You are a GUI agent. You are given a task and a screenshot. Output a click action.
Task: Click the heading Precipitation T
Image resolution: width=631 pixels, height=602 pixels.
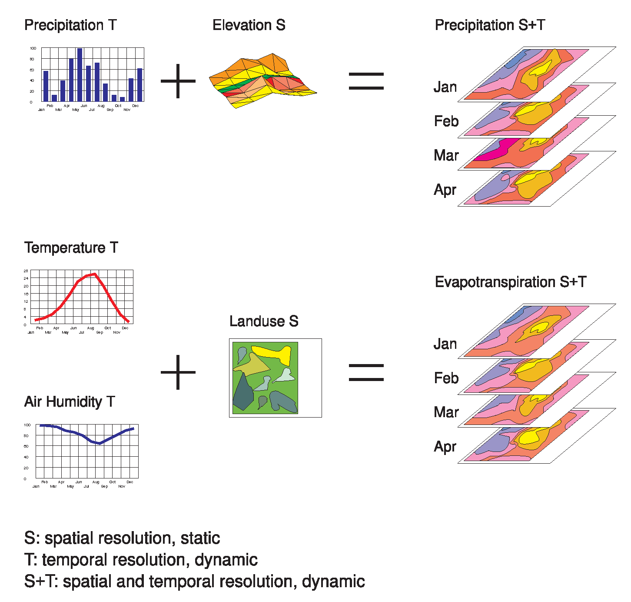pyautogui.click(x=70, y=25)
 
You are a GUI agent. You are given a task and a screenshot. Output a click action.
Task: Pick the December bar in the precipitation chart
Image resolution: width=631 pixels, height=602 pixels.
pyautogui.click(x=139, y=85)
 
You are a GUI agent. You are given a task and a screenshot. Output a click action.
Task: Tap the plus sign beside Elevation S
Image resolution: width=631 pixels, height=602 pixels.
pyautogui.click(x=178, y=81)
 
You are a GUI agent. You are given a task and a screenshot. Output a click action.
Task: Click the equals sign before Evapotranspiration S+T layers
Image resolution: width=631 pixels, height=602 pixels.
pyautogui.click(x=366, y=373)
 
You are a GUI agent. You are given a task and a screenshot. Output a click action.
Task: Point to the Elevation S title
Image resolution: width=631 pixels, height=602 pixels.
pyautogui.click(x=249, y=25)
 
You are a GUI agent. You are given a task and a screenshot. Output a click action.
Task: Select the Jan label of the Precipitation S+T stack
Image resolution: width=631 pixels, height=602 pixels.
pyautogui.click(x=445, y=87)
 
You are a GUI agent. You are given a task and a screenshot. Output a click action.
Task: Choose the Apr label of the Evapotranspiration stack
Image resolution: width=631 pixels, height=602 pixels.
pyautogui.click(x=445, y=447)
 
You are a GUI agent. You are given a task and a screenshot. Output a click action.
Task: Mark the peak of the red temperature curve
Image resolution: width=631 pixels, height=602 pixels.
pyautogui.click(x=94, y=274)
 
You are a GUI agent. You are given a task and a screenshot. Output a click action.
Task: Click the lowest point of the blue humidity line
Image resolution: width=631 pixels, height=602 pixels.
pyautogui.click(x=100, y=443)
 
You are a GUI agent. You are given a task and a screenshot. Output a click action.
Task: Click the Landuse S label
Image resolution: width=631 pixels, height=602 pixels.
pyautogui.click(x=263, y=321)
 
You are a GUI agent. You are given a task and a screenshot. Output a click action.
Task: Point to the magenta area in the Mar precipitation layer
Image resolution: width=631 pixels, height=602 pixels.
pyautogui.click(x=495, y=150)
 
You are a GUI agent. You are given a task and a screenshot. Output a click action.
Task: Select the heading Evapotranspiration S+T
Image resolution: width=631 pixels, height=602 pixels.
pyautogui.click(x=510, y=282)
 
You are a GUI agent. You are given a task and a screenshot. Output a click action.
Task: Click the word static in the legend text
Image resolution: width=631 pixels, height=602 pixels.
pyautogui.click(x=200, y=538)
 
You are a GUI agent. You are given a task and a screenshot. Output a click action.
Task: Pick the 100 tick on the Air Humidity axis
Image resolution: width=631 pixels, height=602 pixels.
pyautogui.click(x=27, y=425)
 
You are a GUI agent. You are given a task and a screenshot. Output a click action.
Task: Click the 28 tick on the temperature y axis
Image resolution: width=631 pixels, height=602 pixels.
pyautogui.click(x=26, y=271)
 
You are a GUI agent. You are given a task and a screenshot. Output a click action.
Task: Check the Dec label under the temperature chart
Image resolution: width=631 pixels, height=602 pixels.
pyautogui.click(x=125, y=328)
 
